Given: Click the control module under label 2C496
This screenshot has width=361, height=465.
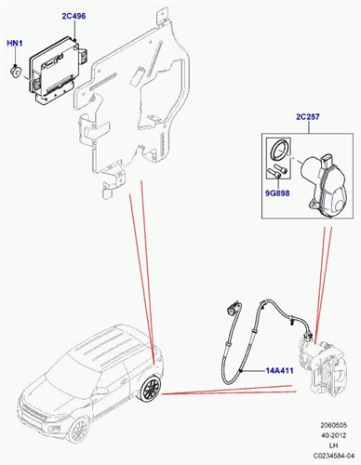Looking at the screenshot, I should (59, 66).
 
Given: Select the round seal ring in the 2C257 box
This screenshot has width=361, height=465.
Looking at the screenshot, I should (279, 152).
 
